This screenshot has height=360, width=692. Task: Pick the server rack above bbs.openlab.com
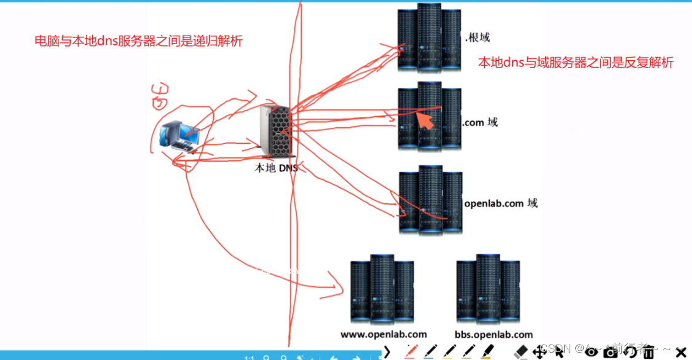[x=488, y=289]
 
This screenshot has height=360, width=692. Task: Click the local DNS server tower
[x=275, y=133]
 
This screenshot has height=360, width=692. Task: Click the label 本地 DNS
[x=275, y=166]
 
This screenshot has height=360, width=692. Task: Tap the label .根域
[x=478, y=37]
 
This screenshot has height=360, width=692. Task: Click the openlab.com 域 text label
[x=501, y=203]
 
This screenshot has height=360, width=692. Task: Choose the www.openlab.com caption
[x=383, y=335]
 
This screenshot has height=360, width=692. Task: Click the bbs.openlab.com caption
[x=493, y=335]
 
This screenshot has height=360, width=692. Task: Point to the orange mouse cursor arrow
[x=425, y=119]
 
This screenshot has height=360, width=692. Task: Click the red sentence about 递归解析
[x=138, y=42]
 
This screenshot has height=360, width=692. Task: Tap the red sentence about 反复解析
[x=576, y=63]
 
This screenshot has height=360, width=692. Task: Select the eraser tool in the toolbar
[x=521, y=351]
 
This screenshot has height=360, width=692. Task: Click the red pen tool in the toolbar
[x=411, y=351]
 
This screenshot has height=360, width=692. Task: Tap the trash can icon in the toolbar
[x=648, y=351]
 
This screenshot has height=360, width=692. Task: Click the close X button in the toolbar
[x=680, y=351]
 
